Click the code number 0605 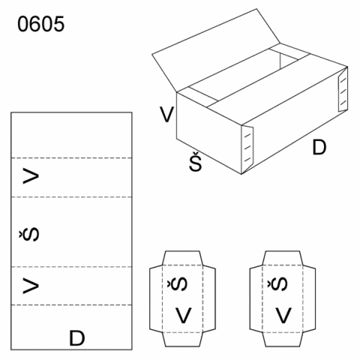(41, 24)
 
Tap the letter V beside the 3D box (166, 115)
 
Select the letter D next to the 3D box (319, 148)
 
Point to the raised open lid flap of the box (216, 50)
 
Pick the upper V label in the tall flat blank (31, 176)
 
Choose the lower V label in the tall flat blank (31, 286)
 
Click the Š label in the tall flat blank (29, 234)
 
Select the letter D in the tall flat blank (77, 338)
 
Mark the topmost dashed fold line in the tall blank (71, 158)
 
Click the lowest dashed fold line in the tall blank (71, 305)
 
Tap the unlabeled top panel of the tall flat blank (71, 135)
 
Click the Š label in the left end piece (177, 283)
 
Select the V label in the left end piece (184, 316)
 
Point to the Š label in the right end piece (277, 283)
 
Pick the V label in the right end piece (283, 316)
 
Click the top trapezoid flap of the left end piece (182, 258)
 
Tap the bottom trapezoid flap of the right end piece (283, 340)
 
